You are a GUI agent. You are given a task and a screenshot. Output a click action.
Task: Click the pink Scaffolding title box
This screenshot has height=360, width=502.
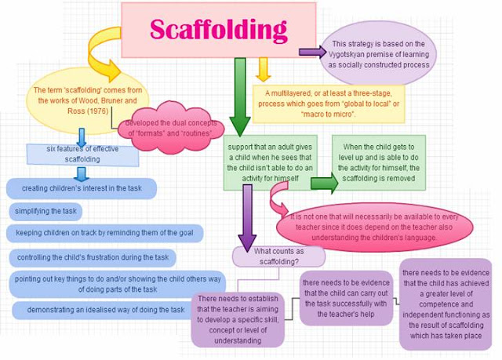(218, 29)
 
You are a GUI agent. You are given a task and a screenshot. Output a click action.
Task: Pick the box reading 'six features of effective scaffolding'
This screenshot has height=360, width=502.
(82, 154)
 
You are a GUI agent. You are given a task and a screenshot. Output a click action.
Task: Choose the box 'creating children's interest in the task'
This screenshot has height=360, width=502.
(82, 189)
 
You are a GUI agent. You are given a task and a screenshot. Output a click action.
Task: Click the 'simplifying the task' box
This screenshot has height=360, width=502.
(47, 212)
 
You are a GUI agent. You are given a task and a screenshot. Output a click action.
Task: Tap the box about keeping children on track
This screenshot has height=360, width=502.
(104, 233)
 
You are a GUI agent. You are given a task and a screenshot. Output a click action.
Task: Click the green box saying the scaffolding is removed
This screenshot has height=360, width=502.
(378, 163)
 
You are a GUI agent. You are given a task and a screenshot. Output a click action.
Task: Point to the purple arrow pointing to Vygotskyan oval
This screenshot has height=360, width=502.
(311, 53)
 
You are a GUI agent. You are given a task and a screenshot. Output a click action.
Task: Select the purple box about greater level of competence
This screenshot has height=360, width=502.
(446, 303)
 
